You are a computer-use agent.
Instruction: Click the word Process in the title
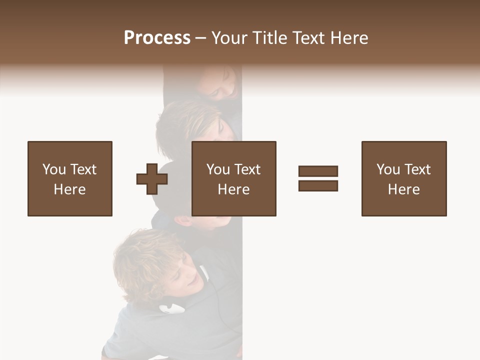pos(157,38)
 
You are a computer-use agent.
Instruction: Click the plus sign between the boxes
pos(152,178)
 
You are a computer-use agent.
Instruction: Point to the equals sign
pos(318,178)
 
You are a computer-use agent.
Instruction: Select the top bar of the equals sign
pos(318,171)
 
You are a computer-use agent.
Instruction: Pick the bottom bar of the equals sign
pos(318,185)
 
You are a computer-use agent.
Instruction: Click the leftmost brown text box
pos(69,178)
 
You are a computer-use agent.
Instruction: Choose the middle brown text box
pos(233,178)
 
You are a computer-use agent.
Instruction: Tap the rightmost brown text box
pos(403,178)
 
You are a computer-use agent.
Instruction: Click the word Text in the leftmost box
pos(83,169)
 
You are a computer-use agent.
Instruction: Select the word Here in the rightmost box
pos(403,189)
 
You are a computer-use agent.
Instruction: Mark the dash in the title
pos(200,38)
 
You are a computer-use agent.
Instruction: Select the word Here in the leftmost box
pos(69,189)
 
